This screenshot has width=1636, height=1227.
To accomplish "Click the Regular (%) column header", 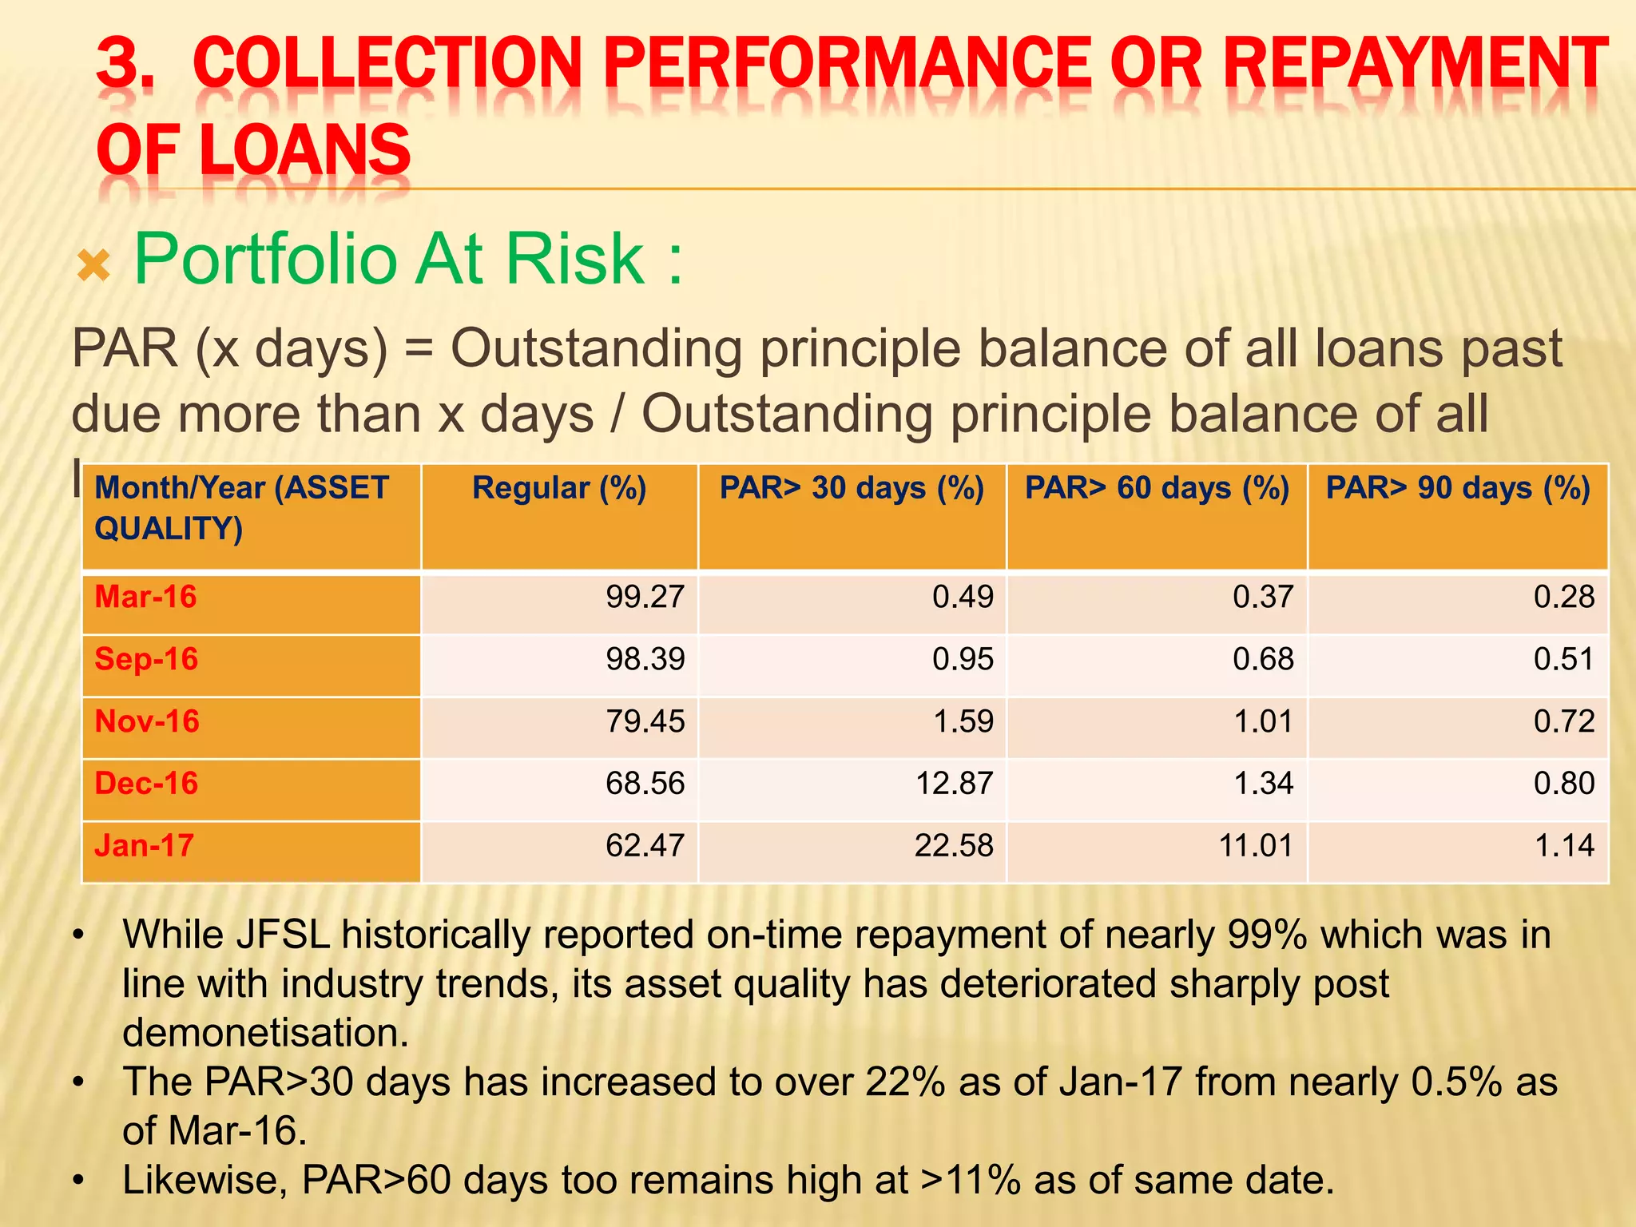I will (x=559, y=489).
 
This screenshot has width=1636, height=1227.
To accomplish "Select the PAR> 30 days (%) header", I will (x=852, y=489).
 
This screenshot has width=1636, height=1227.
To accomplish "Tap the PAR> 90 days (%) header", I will (x=1458, y=489).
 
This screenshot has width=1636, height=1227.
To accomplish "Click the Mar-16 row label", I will (x=145, y=598).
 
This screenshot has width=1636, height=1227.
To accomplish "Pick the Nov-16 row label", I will (x=147, y=722).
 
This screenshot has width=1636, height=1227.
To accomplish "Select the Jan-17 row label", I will (x=145, y=846).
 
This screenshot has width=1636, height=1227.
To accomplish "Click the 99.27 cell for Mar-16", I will (x=645, y=598).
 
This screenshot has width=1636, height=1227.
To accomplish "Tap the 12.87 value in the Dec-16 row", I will (x=954, y=784).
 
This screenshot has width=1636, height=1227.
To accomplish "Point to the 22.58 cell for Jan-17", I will (x=954, y=846).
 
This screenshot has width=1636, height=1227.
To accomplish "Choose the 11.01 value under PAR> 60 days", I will (x=1256, y=846).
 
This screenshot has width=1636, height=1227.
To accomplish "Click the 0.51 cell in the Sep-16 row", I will (x=1563, y=660).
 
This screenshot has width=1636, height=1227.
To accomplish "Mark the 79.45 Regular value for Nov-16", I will (x=645, y=722).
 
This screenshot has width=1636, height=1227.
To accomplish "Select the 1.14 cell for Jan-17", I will (x=1564, y=846).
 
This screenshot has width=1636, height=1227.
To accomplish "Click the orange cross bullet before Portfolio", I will (x=93, y=265).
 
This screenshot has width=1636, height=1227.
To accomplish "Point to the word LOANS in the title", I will (x=304, y=150).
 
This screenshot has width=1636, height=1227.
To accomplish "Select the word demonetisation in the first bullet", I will (x=265, y=1033).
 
